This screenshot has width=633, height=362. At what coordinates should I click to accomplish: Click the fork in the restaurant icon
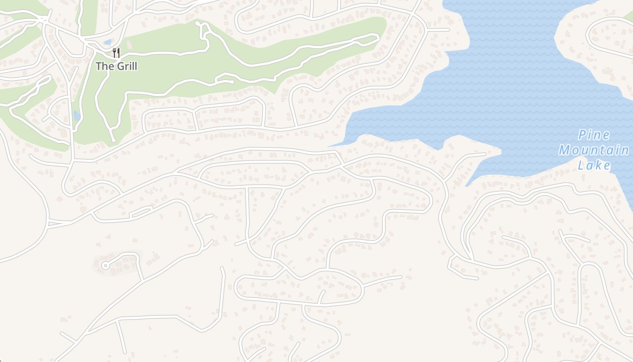114,52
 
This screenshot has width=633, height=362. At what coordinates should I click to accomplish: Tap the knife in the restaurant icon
118,52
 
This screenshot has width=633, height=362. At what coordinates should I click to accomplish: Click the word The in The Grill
104,66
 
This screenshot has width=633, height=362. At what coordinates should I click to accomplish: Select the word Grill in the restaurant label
127,66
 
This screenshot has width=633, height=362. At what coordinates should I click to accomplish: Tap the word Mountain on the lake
594,150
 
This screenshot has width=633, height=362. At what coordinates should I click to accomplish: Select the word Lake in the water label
594,166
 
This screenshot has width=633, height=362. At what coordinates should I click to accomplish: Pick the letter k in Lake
598,166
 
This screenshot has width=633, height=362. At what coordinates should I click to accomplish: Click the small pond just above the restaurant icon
107,42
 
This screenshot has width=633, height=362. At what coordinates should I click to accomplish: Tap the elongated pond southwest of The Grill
76,116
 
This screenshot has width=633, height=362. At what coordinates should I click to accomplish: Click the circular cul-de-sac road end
105,266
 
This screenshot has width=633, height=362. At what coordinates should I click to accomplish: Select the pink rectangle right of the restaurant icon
128,44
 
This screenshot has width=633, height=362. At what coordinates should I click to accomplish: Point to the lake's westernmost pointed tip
329,146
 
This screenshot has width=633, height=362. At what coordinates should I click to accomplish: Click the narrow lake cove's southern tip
467,186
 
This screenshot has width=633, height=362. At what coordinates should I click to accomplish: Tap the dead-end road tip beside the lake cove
485,154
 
